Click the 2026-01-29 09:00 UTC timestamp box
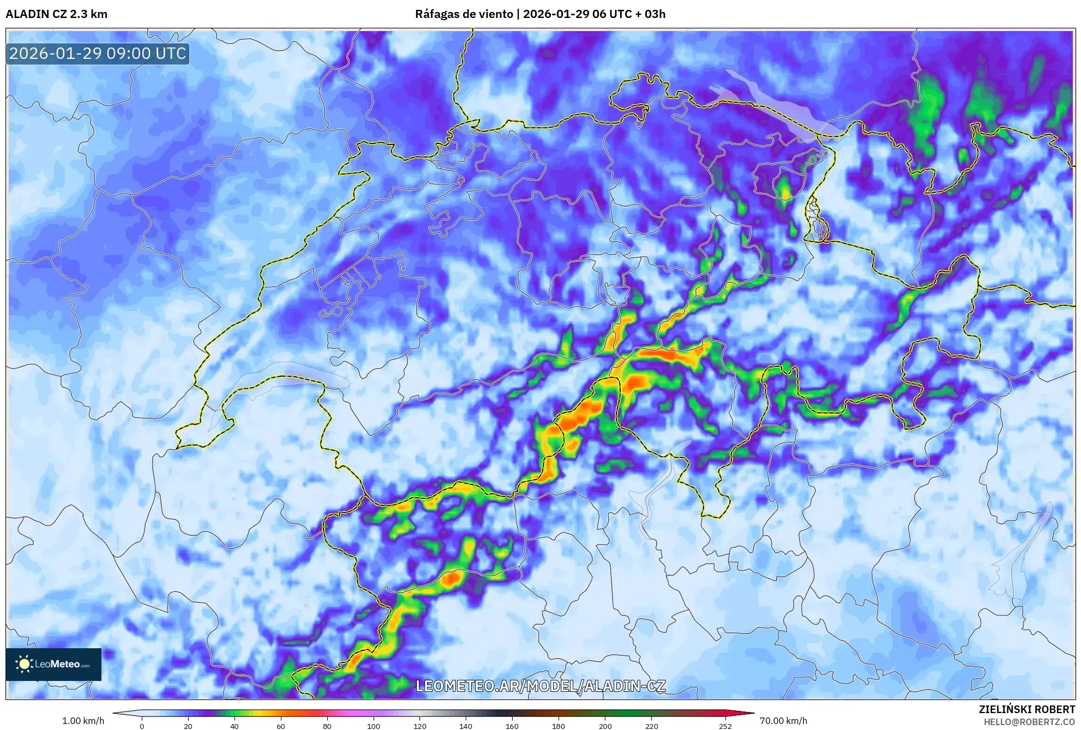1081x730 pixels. [x=98, y=53]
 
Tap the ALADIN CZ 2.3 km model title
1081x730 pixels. [x=57, y=14]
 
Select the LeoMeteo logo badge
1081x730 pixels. [x=53, y=664]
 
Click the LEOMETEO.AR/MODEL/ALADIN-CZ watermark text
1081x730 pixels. [x=540, y=686]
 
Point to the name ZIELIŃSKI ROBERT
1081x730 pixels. [x=1026, y=709]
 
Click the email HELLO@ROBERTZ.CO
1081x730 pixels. [x=1029, y=722]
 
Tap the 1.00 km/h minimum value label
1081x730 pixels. [x=83, y=721]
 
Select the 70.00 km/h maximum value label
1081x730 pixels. [x=783, y=721]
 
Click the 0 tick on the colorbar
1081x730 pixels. [x=142, y=726]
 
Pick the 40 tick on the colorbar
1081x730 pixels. [x=235, y=726]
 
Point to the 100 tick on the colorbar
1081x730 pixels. [x=374, y=726]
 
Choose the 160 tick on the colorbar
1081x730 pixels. [x=512, y=726]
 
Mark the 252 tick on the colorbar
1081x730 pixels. [x=725, y=726]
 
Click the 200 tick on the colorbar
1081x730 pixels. [x=605, y=726]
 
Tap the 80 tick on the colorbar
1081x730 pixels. [x=327, y=726]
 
